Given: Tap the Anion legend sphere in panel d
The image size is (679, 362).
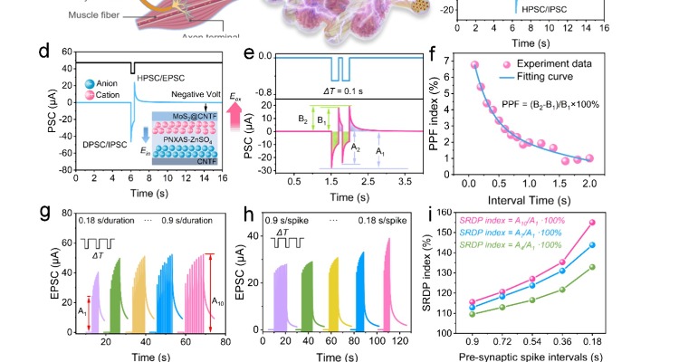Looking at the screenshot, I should (69, 84).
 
